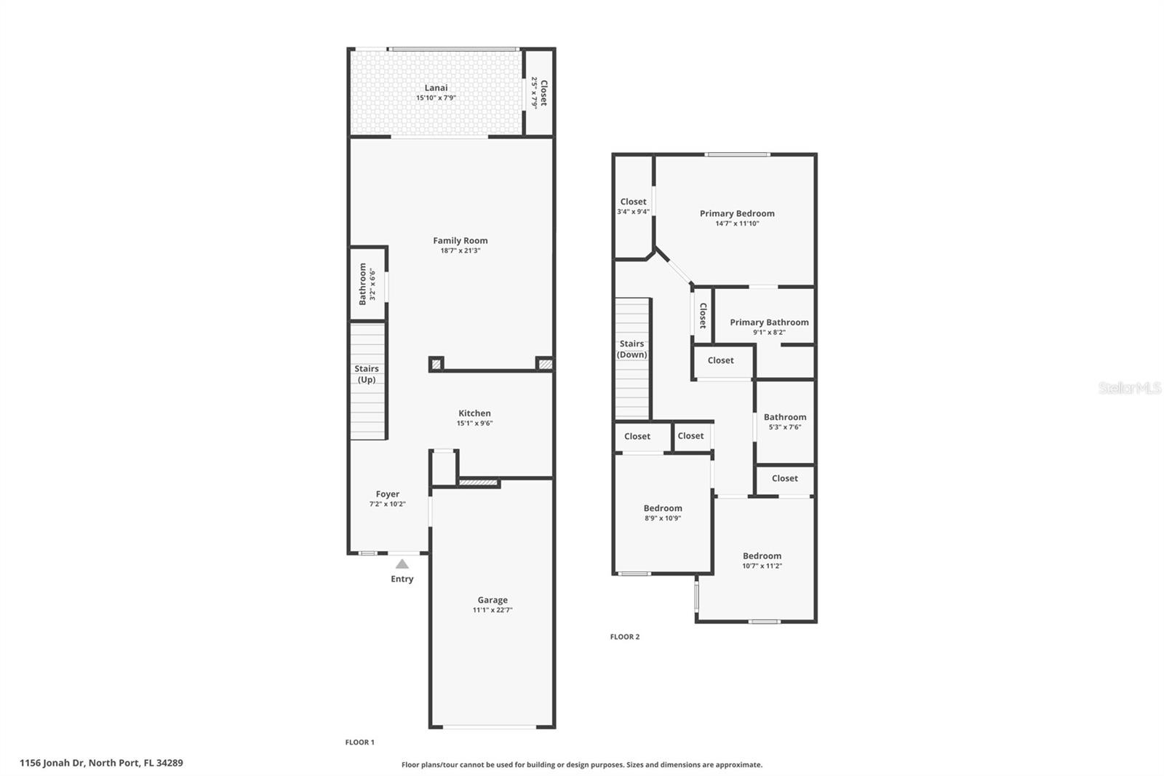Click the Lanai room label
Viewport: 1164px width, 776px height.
(436, 88)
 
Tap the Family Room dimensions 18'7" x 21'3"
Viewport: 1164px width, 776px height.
(461, 250)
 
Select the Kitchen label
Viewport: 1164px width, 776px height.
(474, 413)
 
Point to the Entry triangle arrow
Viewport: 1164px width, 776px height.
(402, 563)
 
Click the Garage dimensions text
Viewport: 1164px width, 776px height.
(493, 610)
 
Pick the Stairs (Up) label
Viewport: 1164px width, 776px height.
(366, 374)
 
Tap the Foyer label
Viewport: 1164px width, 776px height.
(387, 494)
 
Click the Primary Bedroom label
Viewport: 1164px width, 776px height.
(737, 213)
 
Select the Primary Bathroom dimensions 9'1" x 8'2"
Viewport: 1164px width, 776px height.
(769, 332)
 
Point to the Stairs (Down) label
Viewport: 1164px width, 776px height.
(631, 349)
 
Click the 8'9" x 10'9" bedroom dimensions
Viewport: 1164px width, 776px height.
(663, 518)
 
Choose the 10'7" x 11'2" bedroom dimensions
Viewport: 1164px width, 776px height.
(762, 566)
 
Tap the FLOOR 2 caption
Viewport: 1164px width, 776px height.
(624, 637)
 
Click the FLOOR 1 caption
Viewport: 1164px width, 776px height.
(359, 743)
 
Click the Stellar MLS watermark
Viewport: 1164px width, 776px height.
(1129, 389)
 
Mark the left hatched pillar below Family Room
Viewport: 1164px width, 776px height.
(436, 363)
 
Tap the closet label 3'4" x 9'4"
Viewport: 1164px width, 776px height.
(633, 212)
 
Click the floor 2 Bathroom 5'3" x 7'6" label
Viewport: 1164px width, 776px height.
(784, 417)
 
